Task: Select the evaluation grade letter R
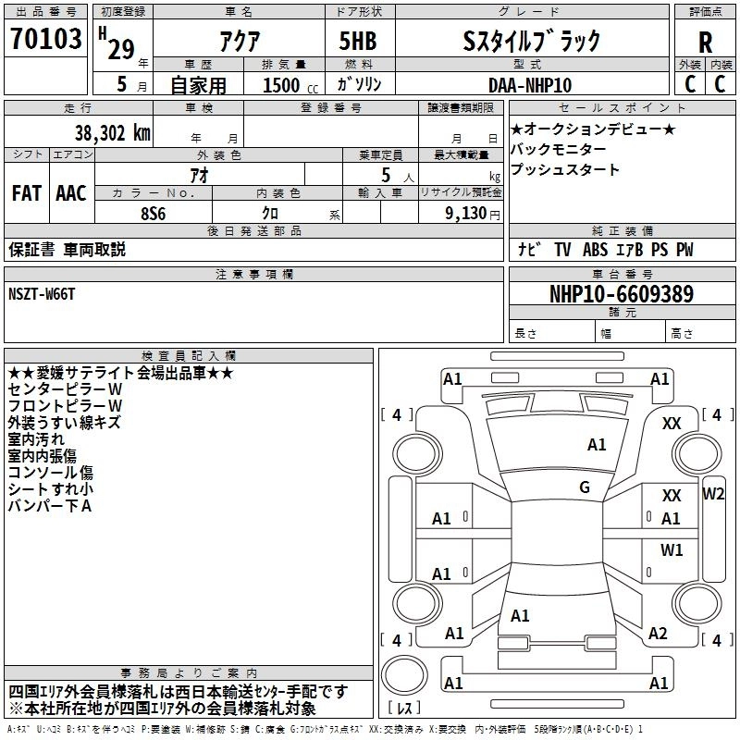point(705,43)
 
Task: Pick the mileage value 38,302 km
point(111,132)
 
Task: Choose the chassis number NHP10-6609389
point(622,294)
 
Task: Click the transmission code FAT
point(26,193)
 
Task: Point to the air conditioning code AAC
point(71,193)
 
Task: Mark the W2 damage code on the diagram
point(713,493)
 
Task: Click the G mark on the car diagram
point(585,487)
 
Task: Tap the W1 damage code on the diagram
point(672,549)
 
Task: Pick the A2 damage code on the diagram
point(658,634)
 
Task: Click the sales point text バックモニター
point(559,149)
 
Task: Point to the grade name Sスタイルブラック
point(532,42)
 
